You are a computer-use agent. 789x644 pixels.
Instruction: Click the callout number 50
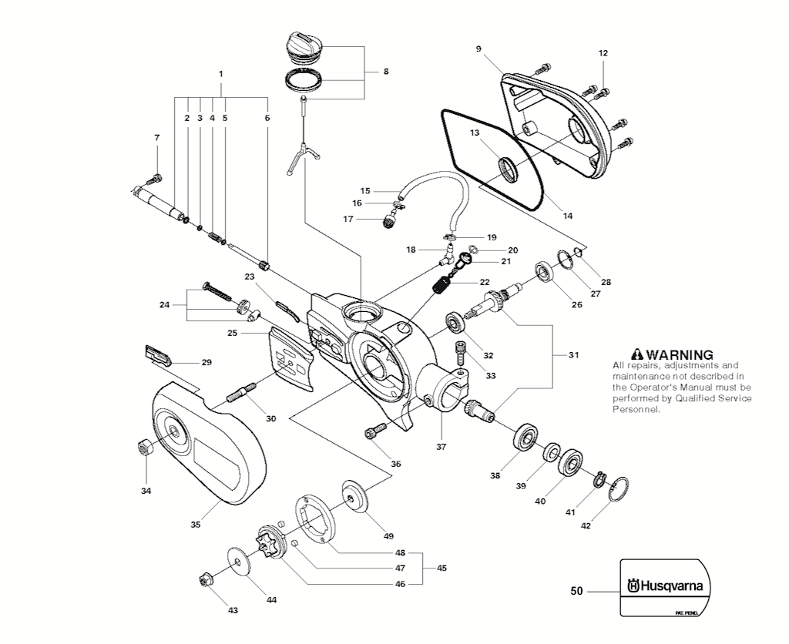click(x=576, y=592)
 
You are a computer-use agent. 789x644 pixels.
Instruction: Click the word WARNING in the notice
click(x=680, y=354)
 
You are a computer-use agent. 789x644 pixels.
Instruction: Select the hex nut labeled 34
click(x=143, y=446)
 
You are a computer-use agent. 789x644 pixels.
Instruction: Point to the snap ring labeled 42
click(x=619, y=488)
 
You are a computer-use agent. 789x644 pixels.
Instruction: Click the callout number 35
click(x=196, y=525)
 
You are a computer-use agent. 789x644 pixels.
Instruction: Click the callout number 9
click(x=478, y=49)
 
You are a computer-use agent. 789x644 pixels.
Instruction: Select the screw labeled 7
click(x=157, y=178)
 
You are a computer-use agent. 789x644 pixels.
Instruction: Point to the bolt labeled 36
click(x=376, y=433)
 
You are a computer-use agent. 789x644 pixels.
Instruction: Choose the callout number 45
click(x=442, y=568)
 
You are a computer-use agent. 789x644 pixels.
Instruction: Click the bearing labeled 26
click(x=548, y=273)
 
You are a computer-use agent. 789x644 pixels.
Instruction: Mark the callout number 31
click(x=573, y=355)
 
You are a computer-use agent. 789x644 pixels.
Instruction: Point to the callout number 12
click(x=603, y=53)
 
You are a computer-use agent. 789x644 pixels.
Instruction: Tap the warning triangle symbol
click(x=637, y=354)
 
